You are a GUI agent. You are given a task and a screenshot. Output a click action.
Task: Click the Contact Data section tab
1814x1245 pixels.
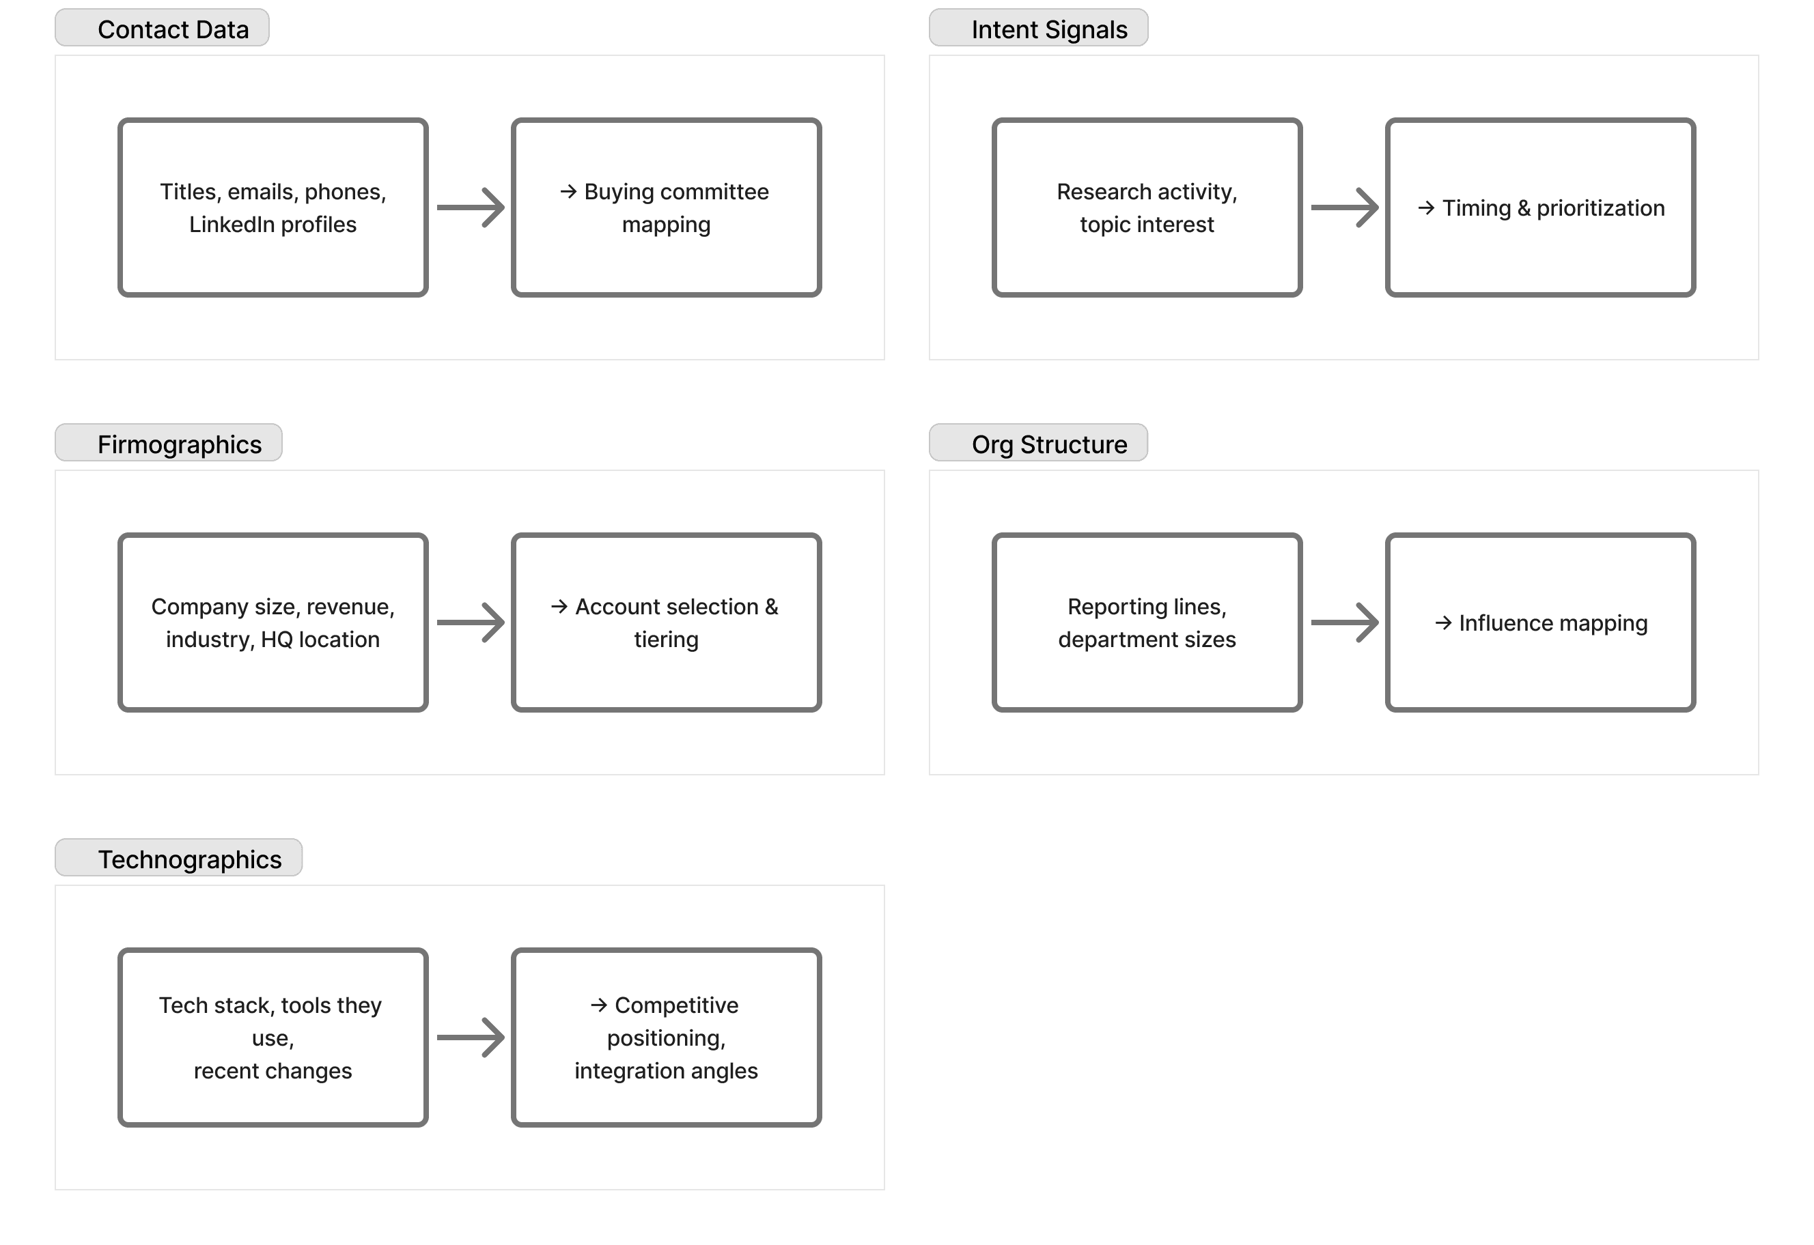[163, 28]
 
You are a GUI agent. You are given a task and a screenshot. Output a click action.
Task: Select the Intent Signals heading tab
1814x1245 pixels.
[1038, 28]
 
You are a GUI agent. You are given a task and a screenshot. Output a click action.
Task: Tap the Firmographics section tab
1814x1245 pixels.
[169, 443]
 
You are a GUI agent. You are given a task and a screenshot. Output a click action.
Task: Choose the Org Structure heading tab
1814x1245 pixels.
[1038, 443]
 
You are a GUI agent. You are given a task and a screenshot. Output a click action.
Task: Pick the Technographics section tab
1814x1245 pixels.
[179, 858]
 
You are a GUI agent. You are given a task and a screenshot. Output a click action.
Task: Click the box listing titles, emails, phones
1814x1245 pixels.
[273, 207]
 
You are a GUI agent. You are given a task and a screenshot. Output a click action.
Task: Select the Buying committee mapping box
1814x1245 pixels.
[667, 207]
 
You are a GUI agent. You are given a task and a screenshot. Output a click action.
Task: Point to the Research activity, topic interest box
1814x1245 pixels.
[1147, 207]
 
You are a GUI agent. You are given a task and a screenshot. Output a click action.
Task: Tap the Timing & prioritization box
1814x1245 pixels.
[1541, 207]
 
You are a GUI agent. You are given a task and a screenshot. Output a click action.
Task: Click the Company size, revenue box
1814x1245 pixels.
[273, 622]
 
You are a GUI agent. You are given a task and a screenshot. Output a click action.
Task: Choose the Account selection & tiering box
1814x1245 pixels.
[667, 622]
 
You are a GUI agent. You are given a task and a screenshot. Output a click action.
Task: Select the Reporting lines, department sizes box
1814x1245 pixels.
[1147, 622]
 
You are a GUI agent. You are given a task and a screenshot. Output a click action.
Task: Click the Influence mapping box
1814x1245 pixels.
[1541, 622]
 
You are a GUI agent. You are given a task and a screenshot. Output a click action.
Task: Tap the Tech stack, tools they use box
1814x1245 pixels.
[273, 1037]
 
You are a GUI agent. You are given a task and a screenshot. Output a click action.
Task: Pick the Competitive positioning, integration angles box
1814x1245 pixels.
[667, 1037]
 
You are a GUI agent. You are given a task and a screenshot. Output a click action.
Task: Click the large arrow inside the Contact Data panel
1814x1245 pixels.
[471, 207]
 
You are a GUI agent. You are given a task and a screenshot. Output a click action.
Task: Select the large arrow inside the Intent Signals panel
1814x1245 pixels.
[1345, 207]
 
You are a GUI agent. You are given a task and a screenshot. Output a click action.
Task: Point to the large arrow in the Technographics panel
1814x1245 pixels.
[471, 1037]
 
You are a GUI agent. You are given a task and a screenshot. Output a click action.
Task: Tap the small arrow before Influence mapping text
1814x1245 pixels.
[1443, 622]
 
